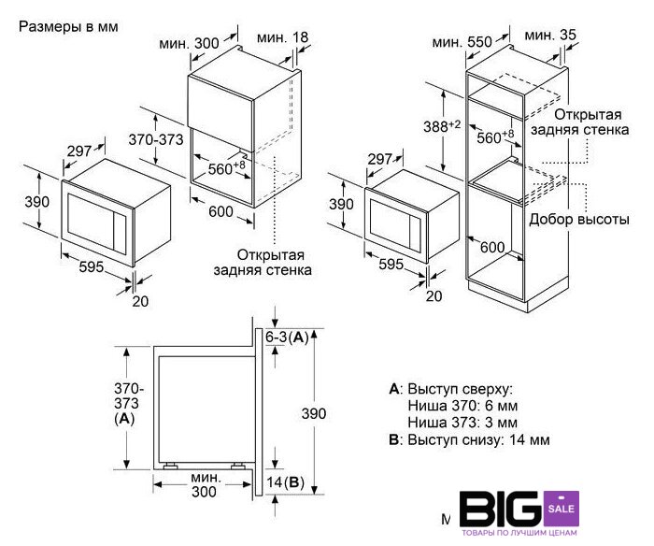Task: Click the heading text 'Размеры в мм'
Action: click(x=68, y=27)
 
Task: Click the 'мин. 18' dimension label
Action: click(x=282, y=37)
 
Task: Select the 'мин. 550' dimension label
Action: click(x=462, y=42)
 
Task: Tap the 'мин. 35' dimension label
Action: click(x=549, y=36)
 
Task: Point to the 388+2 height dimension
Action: click(x=442, y=125)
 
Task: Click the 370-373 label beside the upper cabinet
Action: click(x=156, y=139)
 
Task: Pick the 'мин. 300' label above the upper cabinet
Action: click(x=189, y=43)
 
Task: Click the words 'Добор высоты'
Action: click(x=579, y=219)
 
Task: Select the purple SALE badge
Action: click(x=562, y=509)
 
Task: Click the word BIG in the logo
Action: click(x=502, y=509)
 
